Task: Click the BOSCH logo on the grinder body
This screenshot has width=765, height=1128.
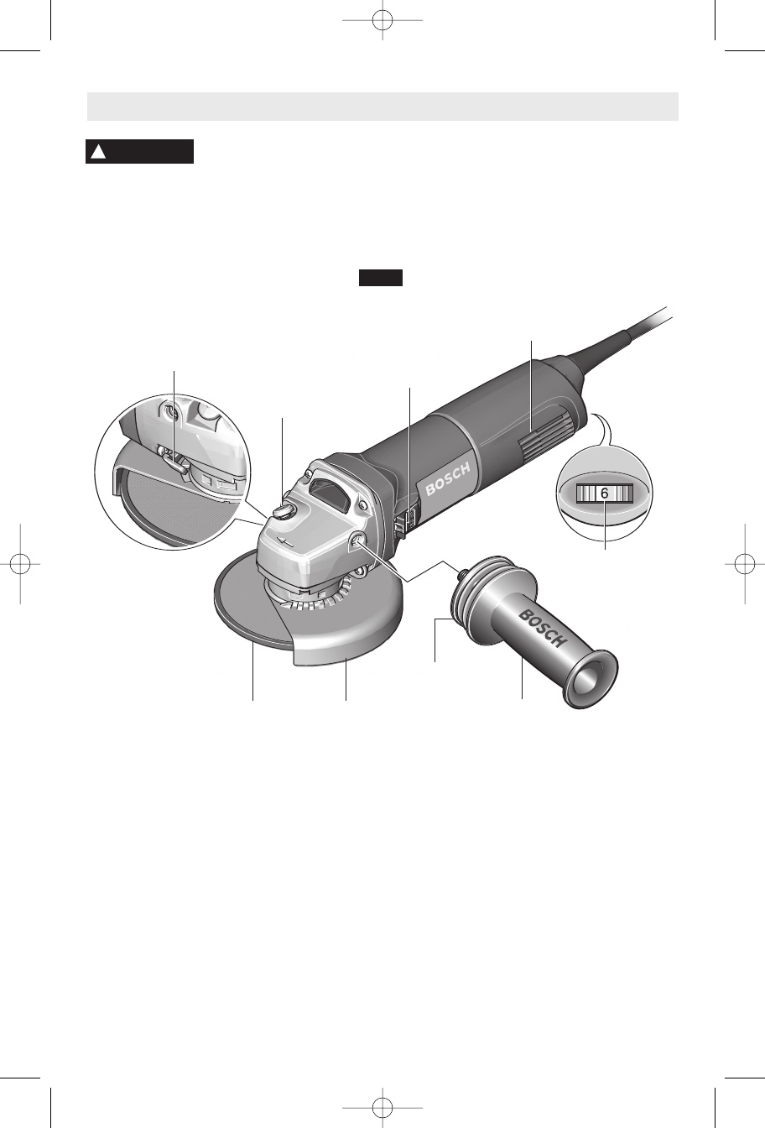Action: pos(448,479)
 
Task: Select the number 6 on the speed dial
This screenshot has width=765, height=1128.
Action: pos(605,493)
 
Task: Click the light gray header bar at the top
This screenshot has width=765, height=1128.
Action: pos(382,107)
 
